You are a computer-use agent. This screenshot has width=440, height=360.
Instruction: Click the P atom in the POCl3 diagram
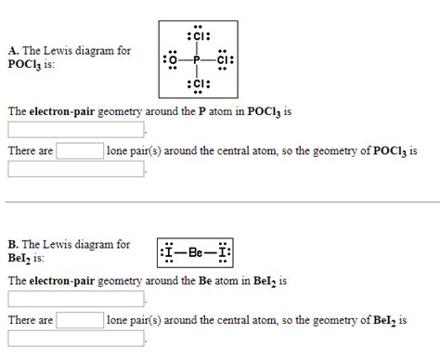(197, 61)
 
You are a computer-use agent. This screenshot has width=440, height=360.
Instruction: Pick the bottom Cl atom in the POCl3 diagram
(197, 86)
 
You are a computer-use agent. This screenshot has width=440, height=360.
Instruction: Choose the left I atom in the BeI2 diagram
(168, 252)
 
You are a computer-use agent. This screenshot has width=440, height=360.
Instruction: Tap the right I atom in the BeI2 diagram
(224, 252)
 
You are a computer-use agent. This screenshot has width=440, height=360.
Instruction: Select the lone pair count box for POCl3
(80, 150)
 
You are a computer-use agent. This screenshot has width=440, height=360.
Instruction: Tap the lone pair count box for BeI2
(80, 320)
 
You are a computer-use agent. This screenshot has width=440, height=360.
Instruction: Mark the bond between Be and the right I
(211, 252)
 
